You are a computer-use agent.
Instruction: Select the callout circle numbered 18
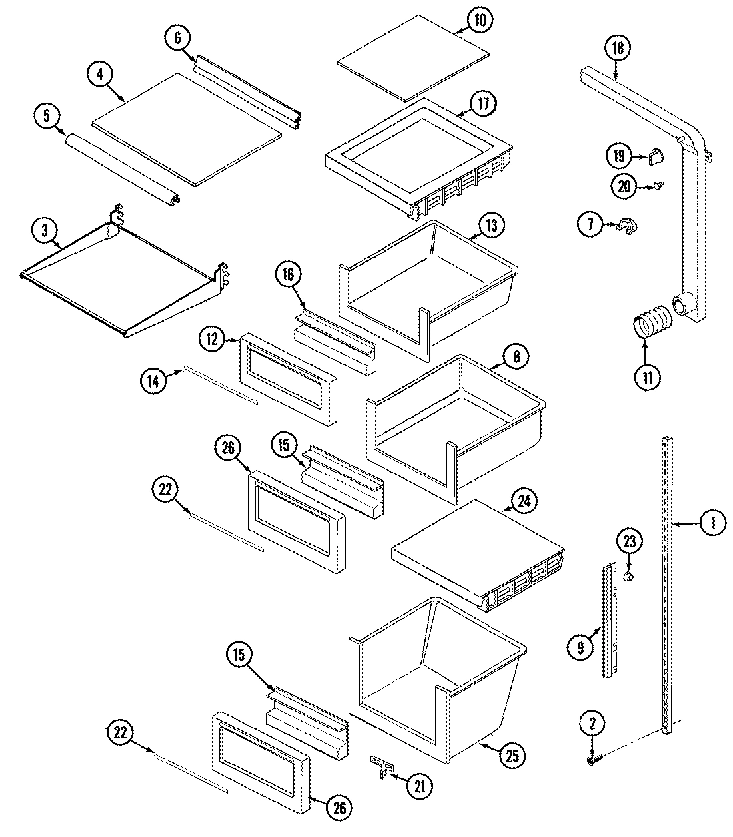pos(617,48)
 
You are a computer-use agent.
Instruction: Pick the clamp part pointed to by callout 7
pos(627,226)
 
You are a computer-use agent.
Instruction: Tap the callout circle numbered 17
pos(482,105)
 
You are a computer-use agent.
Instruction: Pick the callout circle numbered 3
pos(44,232)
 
